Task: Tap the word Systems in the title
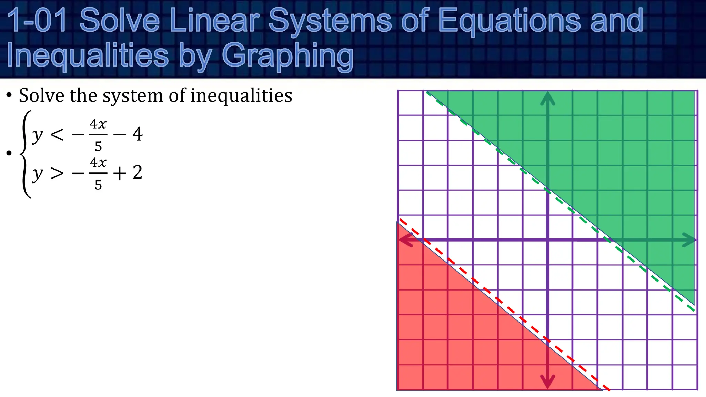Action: tap(330, 21)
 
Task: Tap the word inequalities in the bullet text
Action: tap(241, 95)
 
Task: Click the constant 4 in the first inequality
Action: tap(138, 134)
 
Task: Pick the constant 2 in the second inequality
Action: tap(138, 172)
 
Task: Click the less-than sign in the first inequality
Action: tap(57, 134)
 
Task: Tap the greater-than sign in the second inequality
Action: tap(57, 173)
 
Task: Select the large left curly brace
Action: tap(26, 154)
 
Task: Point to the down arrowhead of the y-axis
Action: tap(547, 381)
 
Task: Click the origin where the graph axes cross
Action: tap(547, 240)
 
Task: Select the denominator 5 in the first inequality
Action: tap(98, 146)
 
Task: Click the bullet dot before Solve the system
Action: tap(9, 95)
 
